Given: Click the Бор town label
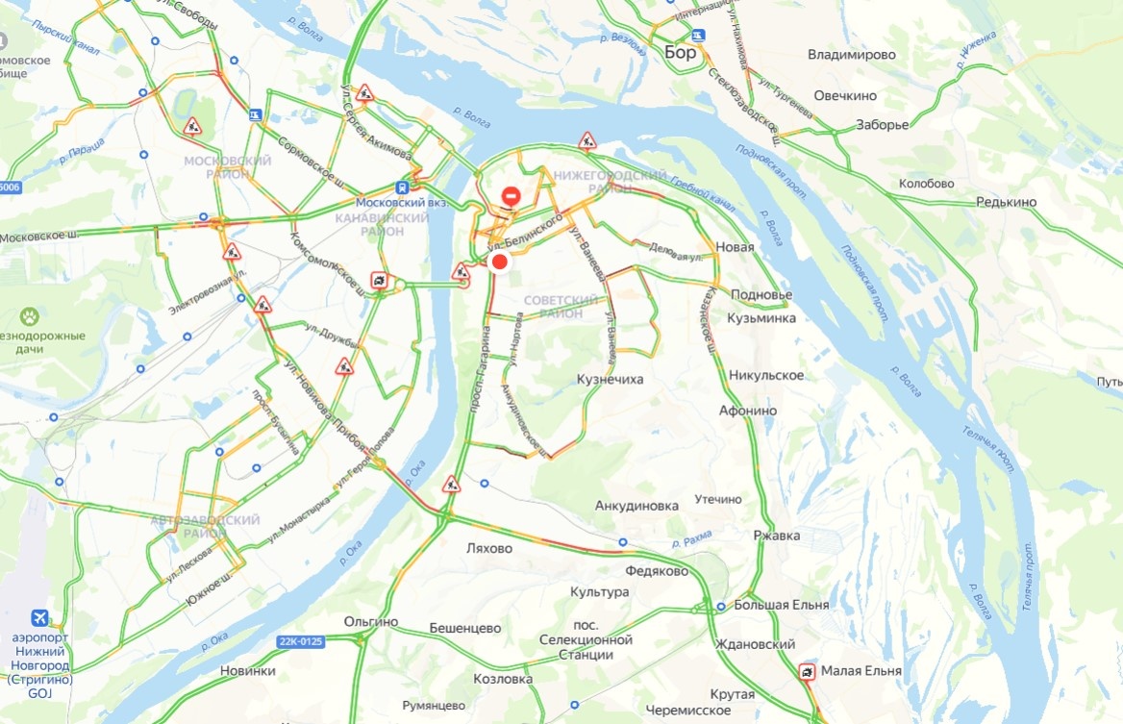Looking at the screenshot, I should pyautogui.click(x=680, y=53).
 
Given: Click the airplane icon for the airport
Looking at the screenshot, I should pyautogui.click(x=39, y=616).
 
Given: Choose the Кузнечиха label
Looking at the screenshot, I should pyautogui.click(x=610, y=380).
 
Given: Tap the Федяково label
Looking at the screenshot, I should pyautogui.click(x=657, y=571).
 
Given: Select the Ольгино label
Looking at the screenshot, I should pyautogui.click(x=370, y=621).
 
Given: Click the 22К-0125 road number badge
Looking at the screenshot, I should pyautogui.click(x=302, y=641).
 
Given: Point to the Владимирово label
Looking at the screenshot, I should pyautogui.click(x=852, y=55).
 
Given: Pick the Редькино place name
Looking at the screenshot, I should pyautogui.click(x=1006, y=202).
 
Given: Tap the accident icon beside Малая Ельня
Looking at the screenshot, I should pyautogui.click(x=808, y=671).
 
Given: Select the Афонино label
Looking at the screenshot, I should pyautogui.click(x=747, y=411).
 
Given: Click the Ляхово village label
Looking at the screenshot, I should pyautogui.click(x=489, y=548).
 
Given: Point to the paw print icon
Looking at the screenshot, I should pyautogui.click(x=31, y=314).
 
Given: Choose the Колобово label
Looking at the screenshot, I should pyautogui.click(x=926, y=184).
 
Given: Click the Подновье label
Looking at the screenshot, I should pyautogui.click(x=761, y=294).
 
